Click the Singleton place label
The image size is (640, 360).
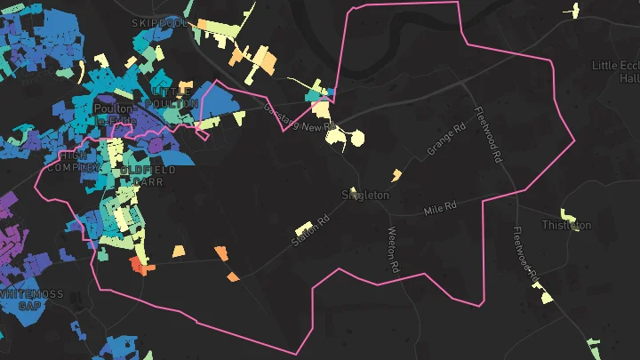(365, 195)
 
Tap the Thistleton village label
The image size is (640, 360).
(566, 226)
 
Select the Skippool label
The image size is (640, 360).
(160, 22)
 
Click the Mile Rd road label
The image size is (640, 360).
(440, 208)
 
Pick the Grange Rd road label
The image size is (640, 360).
(446, 140)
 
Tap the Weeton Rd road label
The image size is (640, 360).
(394, 250)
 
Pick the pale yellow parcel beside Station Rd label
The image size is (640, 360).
(304, 228)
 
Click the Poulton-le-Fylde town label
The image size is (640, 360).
(113, 114)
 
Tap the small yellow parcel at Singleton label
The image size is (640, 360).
(353, 189)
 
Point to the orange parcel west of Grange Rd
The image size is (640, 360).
(397, 173)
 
